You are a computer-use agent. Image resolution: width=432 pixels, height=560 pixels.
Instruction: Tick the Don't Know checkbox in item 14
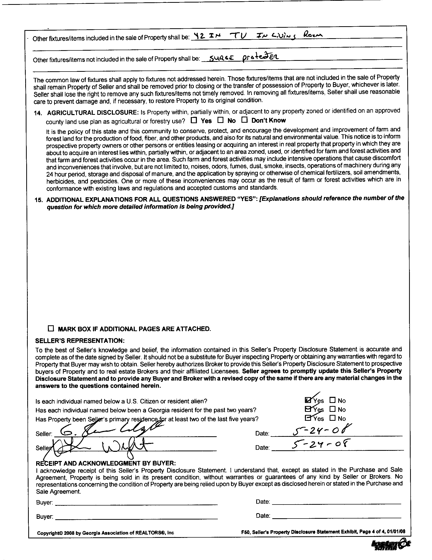pos(245,119)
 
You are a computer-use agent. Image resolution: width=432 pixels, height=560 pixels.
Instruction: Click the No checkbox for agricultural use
pos(220,120)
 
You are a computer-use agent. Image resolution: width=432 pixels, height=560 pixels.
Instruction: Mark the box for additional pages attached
pos(51,328)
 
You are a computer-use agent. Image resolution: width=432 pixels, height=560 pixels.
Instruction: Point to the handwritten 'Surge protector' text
pos(244,57)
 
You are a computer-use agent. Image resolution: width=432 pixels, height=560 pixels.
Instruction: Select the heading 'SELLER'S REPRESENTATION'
pos(80,341)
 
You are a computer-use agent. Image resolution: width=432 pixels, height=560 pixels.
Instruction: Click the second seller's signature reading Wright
pos(103,447)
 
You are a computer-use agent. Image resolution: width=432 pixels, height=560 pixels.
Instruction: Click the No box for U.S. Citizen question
pos(332,400)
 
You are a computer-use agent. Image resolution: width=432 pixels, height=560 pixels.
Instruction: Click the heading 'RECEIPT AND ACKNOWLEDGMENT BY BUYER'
pos(106,463)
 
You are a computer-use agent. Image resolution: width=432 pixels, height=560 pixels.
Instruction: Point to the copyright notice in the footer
pos(105,533)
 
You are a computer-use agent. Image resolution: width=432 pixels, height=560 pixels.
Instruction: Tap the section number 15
pos(39,200)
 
